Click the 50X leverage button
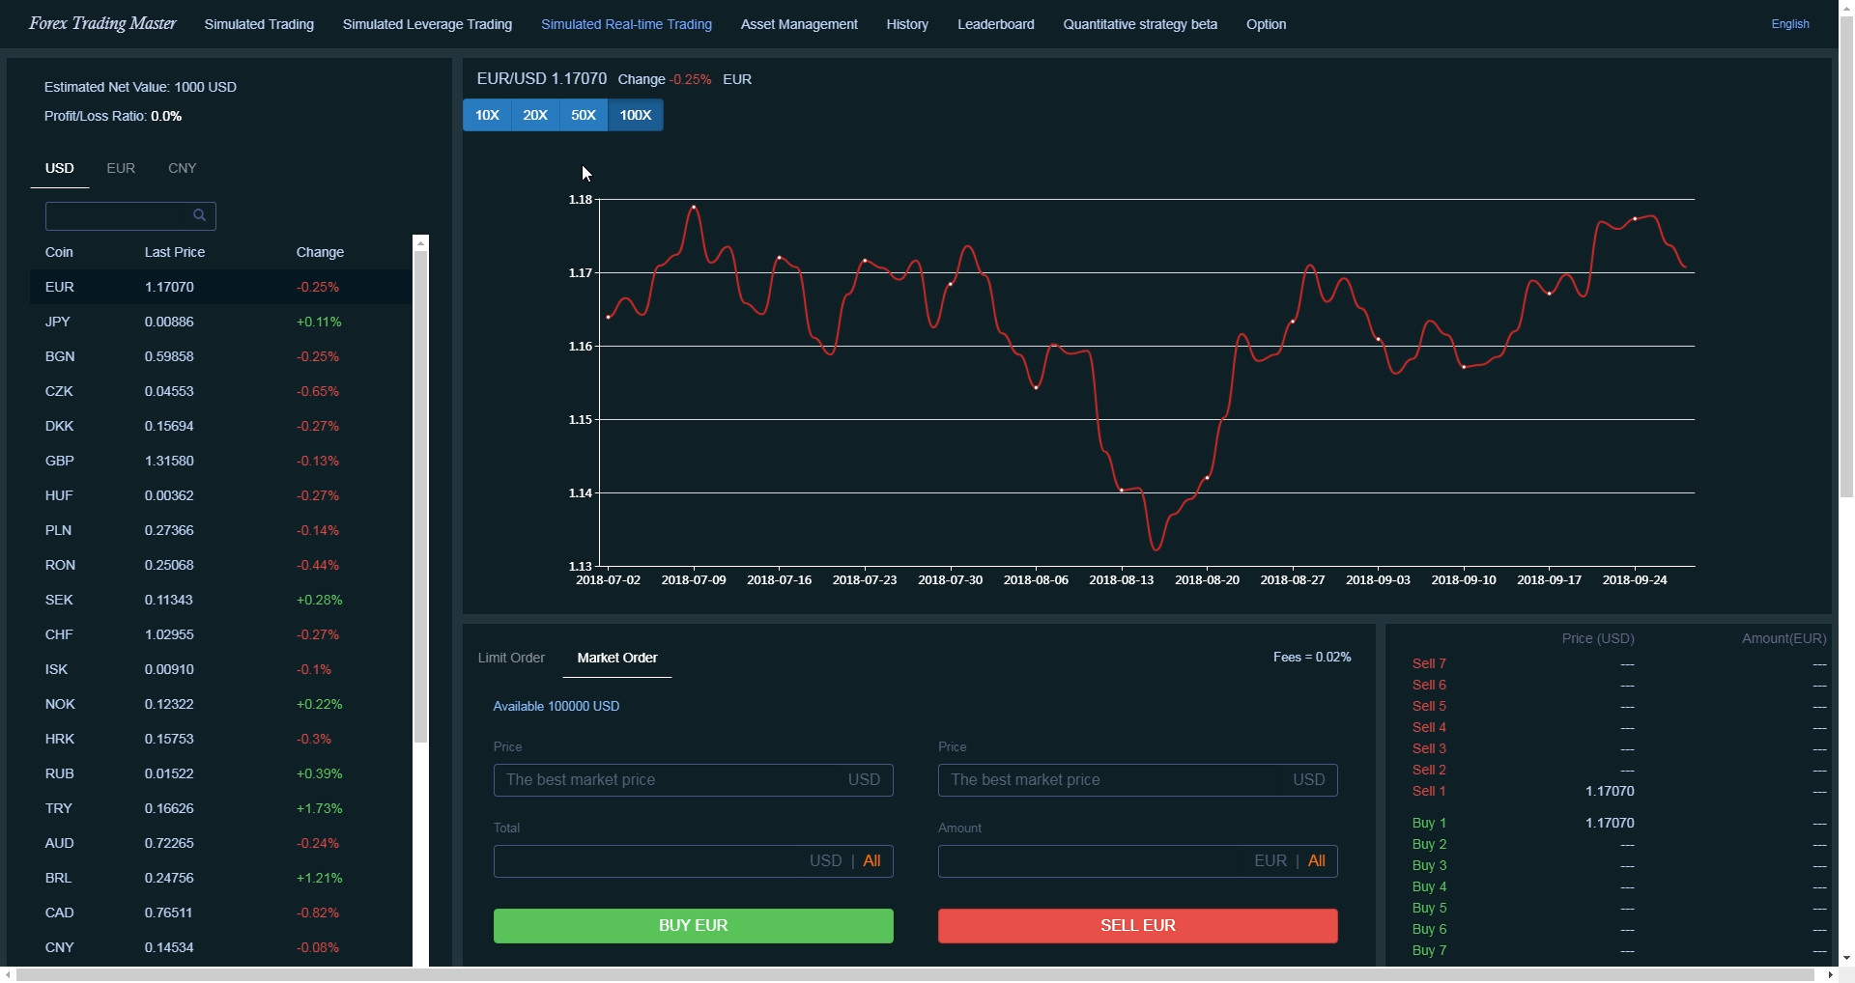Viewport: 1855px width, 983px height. [583, 115]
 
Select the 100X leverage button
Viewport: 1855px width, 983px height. [635, 115]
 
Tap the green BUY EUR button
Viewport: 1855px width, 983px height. [693, 925]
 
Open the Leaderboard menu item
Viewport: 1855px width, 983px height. [995, 24]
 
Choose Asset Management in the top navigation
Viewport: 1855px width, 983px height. [798, 24]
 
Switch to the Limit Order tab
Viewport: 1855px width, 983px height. [511, 658]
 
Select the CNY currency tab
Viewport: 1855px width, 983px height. [182, 168]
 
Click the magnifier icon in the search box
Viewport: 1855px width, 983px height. [199, 215]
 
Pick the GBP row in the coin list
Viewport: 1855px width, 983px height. [60, 461]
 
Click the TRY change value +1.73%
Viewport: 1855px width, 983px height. [319, 808]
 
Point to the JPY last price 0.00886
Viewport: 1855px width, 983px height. [169, 322]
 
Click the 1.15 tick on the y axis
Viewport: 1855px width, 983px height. [580, 419]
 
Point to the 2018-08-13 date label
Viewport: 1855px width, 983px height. [1121, 579]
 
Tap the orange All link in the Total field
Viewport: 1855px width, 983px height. [871, 860]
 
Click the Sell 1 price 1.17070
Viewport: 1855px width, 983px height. [1609, 791]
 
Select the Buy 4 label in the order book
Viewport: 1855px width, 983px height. [1429, 886]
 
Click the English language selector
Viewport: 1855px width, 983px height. [1789, 24]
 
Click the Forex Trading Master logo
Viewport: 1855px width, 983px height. [102, 24]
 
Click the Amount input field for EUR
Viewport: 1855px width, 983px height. [1092, 860]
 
